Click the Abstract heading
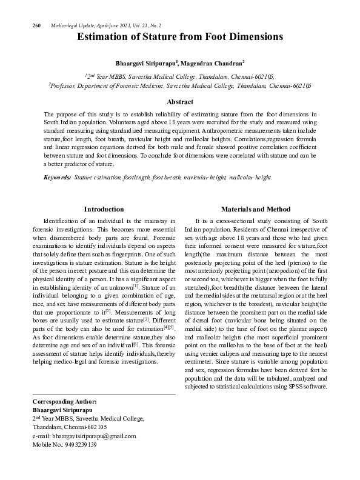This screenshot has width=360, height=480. (x=180, y=102)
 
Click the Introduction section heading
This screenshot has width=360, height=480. (x=104, y=208)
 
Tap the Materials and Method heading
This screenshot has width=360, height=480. (x=256, y=208)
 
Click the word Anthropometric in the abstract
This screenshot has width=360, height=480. (x=182, y=130)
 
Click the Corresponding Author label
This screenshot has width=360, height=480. (x=64, y=402)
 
